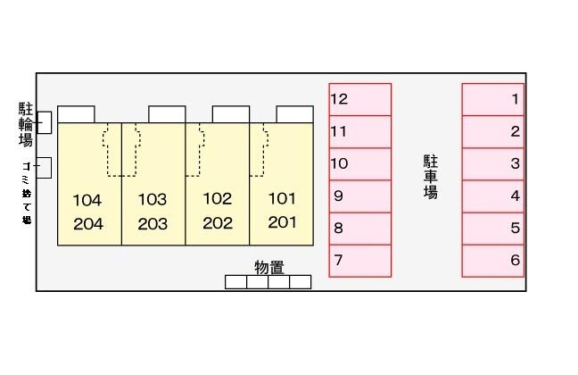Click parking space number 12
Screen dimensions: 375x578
tap(360, 99)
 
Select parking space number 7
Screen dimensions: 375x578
tap(360, 261)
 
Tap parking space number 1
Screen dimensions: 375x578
tap(492, 99)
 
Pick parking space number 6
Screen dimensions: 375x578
tap(492, 261)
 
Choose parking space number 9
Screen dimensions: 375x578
tap(360, 196)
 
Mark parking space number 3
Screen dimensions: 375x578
tap(492, 163)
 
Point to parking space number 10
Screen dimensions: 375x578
tap(360, 163)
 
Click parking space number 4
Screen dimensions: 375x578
tap(492, 196)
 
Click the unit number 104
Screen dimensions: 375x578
tap(88, 199)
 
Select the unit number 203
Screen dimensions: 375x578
tap(153, 224)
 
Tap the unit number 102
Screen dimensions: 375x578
tap(217, 198)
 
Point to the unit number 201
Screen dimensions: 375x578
tap(281, 223)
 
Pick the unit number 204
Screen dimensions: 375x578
tap(88, 224)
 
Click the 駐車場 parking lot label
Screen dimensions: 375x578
tap(430, 177)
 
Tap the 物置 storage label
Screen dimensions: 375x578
tap(268, 267)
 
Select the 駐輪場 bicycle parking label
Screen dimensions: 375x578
tap(26, 124)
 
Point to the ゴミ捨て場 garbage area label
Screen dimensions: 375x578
tap(27, 192)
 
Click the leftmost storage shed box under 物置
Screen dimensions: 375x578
tap(235, 282)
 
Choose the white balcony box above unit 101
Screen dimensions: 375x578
tap(294, 113)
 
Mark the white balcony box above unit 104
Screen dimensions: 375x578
tap(76, 113)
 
